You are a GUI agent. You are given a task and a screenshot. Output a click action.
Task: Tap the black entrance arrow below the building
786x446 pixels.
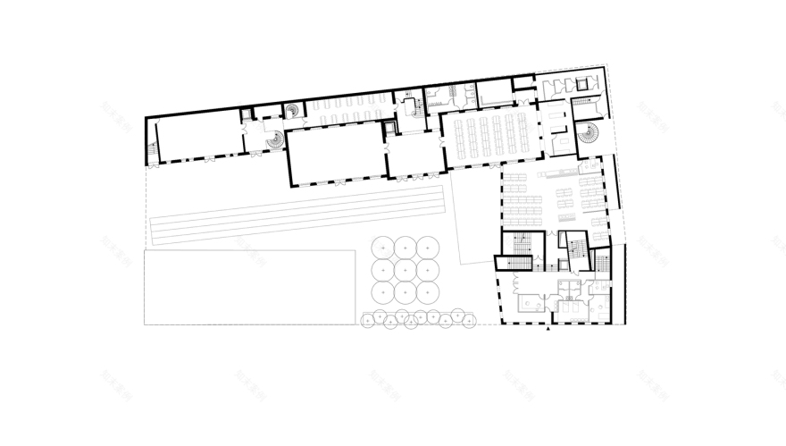548,330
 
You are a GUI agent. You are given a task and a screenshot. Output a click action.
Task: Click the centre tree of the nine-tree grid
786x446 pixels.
406,269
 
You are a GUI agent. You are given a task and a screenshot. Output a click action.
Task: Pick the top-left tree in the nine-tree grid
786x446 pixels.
383,247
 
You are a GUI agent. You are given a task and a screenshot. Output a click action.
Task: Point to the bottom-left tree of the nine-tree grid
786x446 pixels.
383,291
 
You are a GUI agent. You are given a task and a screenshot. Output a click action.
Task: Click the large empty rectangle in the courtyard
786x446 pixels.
249,286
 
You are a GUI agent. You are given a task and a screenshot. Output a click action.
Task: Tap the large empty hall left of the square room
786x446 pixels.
336,153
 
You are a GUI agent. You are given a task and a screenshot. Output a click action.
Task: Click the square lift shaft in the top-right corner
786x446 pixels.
583,84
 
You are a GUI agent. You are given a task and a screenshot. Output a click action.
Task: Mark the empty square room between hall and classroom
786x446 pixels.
415,154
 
